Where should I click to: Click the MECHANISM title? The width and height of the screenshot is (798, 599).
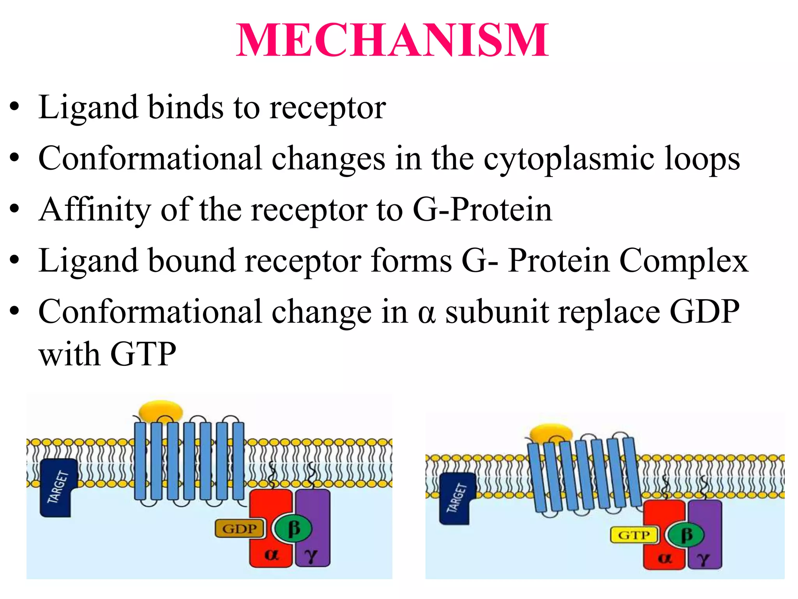coord(392,41)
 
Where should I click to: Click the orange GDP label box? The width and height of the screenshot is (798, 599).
coord(239,529)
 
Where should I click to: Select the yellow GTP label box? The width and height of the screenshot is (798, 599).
coord(634,535)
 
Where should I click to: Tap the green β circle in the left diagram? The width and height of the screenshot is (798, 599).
coord(293,528)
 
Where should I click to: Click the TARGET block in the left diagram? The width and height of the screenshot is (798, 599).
coord(58,487)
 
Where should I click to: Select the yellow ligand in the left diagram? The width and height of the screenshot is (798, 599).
coord(161,411)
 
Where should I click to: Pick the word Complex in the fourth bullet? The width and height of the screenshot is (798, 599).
coord(684,261)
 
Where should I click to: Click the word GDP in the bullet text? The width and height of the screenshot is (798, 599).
coord(704,312)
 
